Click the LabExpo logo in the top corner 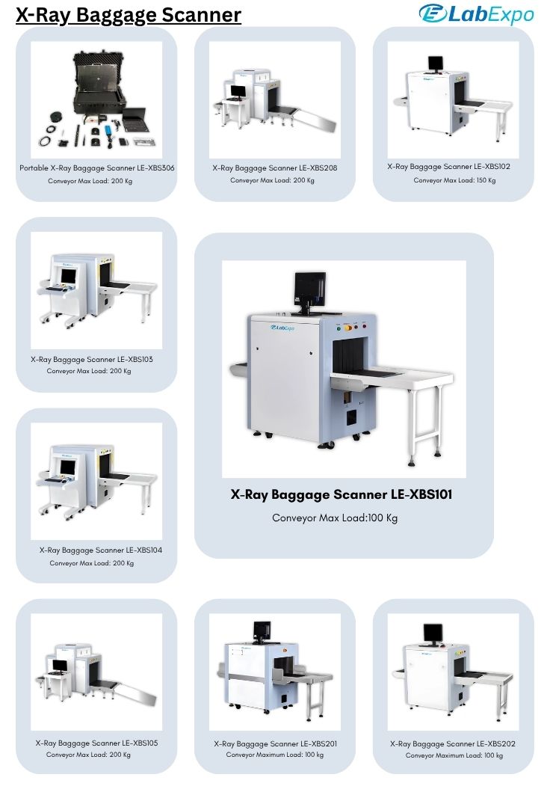pos(476,13)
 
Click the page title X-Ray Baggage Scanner pos(129,15)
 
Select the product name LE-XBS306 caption pos(96,168)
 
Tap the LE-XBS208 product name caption pos(274,168)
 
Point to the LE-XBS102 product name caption pos(449,167)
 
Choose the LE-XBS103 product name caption pos(91,359)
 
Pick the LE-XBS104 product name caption pos(101,550)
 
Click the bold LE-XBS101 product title pos(341,494)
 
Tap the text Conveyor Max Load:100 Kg pos(335,518)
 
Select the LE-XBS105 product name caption pos(96,743)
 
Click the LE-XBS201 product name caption pos(275,743)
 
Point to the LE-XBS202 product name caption pos(452,743)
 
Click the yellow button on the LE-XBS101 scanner pos(348,328)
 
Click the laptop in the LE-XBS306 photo pos(135,119)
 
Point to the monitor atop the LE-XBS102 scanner pos(435,63)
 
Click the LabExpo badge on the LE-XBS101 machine pos(282,328)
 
